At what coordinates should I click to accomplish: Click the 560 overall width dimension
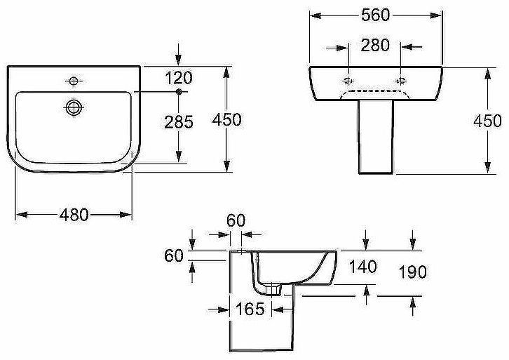(375, 15)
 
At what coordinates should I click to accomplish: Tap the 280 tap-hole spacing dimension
(375, 45)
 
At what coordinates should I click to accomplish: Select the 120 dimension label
(179, 78)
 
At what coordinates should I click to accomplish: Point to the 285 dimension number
(179, 122)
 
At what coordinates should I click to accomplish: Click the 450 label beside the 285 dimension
(227, 119)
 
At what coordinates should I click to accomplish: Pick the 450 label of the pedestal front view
(487, 121)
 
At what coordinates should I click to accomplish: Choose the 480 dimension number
(74, 215)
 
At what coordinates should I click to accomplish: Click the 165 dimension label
(250, 309)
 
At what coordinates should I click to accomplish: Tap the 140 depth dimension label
(362, 267)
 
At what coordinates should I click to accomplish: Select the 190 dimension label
(412, 272)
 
